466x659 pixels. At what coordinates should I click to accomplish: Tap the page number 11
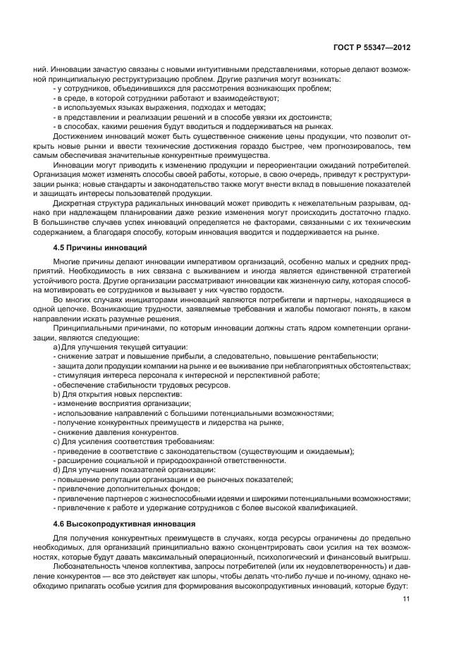[x=406, y=599]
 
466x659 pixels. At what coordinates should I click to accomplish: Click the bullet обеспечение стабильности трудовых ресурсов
[x=142, y=385]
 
